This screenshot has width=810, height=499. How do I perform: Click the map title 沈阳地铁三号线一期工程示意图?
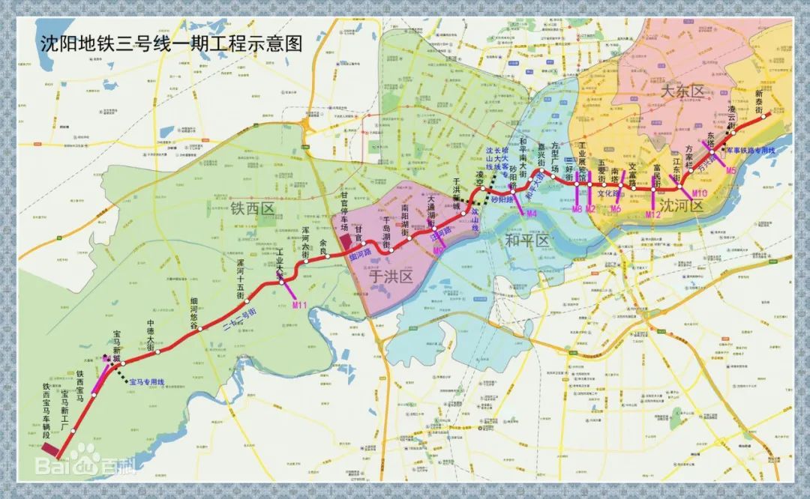[x=170, y=43]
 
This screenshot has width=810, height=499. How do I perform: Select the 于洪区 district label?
[x=391, y=277]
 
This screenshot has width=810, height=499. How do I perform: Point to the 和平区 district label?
[x=527, y=241]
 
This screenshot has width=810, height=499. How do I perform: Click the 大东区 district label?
[x=683, y=91]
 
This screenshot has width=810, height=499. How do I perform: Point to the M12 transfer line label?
[x=653, y=215]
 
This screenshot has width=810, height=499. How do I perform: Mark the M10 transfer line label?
[x=699, y=193]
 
